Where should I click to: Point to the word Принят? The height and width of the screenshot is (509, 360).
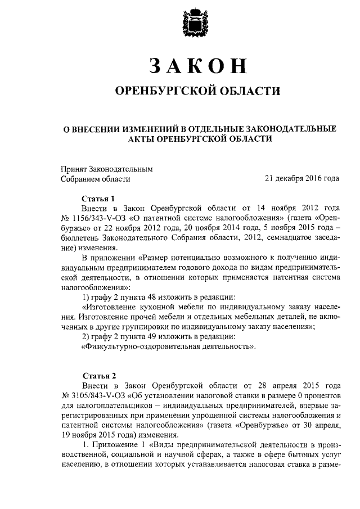pos(73,169)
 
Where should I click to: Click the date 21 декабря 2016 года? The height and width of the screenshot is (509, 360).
pos(301,179)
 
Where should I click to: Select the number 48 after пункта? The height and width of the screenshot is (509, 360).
pos(147,297)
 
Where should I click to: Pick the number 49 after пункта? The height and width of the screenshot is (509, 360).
pos(147,337)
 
